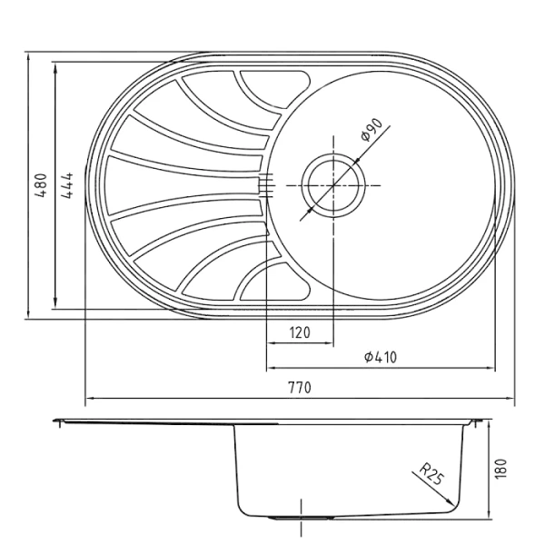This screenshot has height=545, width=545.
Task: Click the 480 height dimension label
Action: [x=41, y=185]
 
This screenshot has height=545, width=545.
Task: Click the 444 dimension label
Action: [x=67, y=185]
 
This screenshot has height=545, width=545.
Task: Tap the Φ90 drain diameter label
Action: [x=372, y=130]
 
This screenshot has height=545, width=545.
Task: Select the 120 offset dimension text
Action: [x=300, y=332]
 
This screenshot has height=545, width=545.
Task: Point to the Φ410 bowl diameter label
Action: [x=381, y=357]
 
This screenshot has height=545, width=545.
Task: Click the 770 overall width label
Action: [x=300, y=387]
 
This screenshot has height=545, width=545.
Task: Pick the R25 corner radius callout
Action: [x=431, y=474]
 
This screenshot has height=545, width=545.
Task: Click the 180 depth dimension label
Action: [x=500, y=469]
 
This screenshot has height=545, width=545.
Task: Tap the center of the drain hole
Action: [x=333, y=185]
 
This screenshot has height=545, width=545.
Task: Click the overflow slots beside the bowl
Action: [x=266, y=185]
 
